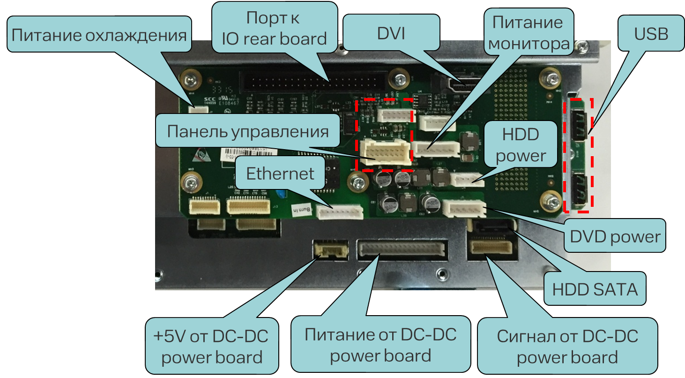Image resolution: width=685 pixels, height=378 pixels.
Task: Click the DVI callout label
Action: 391,34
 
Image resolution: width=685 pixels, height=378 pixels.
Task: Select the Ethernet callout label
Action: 280,174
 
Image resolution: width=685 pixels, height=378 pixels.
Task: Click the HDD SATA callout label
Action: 595,289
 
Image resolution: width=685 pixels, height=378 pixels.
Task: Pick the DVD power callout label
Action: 615,236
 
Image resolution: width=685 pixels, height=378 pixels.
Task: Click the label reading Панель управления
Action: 248,131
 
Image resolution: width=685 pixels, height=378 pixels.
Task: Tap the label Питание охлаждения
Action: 99,35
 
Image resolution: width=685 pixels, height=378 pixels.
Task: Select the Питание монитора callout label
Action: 529,32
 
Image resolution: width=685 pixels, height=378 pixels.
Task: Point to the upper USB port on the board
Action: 579,126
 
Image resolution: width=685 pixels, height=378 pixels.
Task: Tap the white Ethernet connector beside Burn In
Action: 340,213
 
